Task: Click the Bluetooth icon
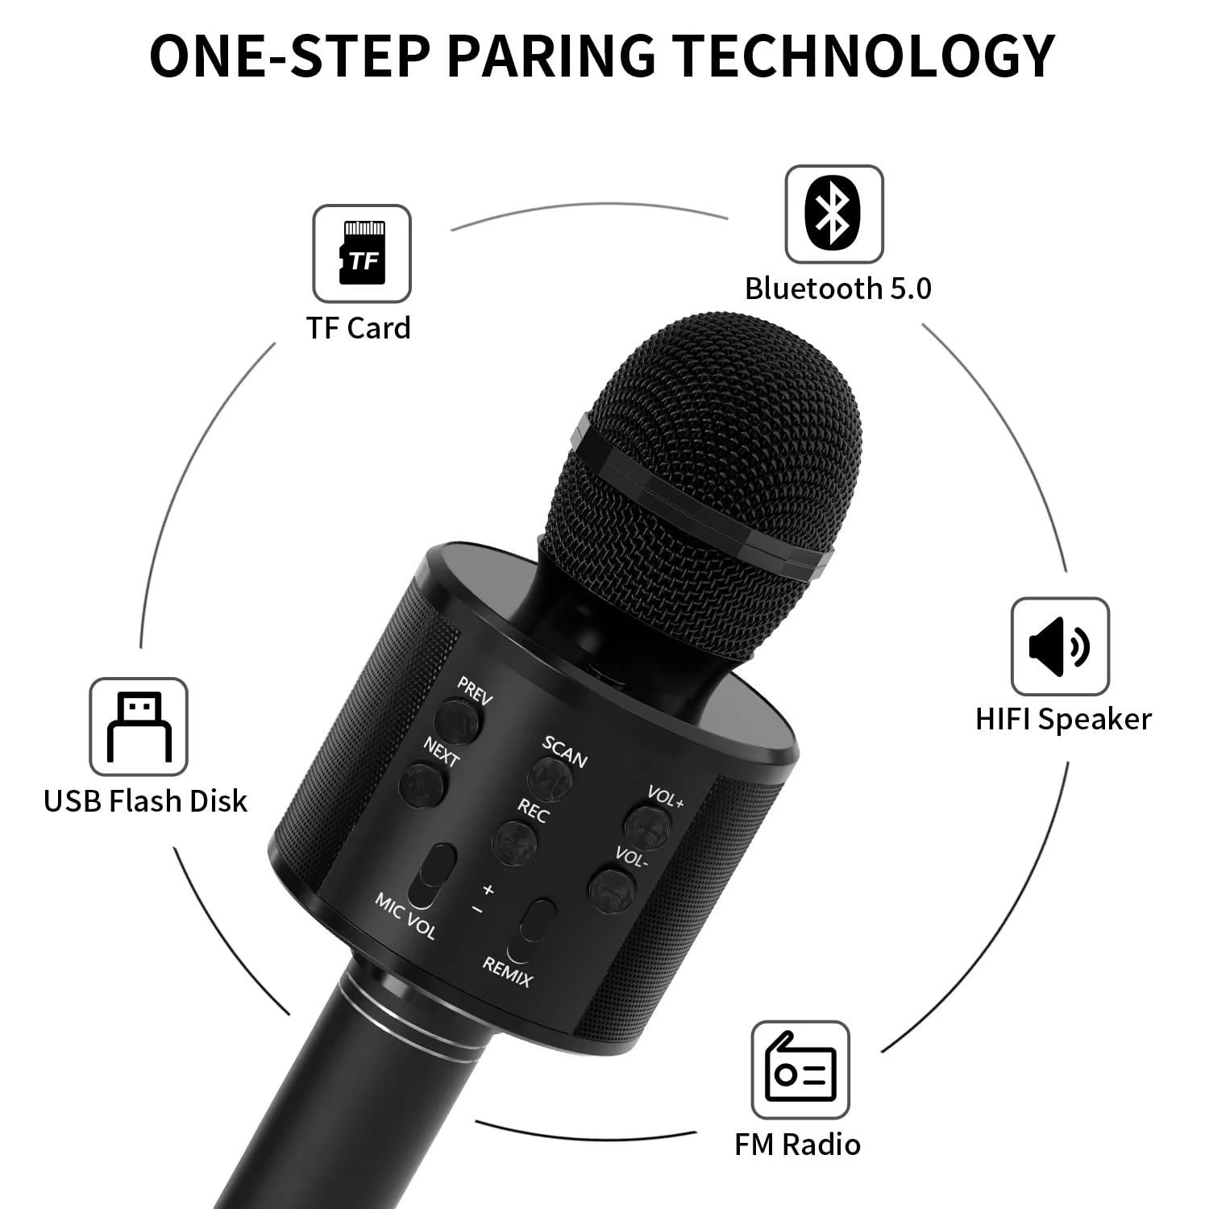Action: click(x=833, y=214)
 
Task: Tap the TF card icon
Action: click(x=362, y=253)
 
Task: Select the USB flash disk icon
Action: click(x=138, y=726)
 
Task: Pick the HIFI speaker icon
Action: click(x=1059, y=646)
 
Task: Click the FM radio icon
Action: click(x=800, y=1070)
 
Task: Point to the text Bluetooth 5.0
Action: click(x=837, y=289)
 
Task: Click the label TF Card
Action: click(x=358, y=328)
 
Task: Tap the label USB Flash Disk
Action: click(x=145, y=800)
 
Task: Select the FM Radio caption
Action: click(x=796, y=1144)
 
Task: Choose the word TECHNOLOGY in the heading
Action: click(x=863, y=56)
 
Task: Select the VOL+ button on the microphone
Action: click(x=649, y=824)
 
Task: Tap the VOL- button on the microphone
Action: click(x=612, y=885)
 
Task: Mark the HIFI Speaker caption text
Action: click(x=1063, y=719)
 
